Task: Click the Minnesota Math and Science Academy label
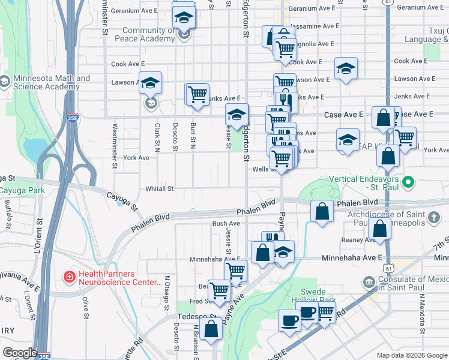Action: pos(45,82)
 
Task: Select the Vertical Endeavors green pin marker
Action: pos(409,181)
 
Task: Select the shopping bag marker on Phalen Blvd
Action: pos(322,211)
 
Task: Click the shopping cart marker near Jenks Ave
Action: pos(197,94)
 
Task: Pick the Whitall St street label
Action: pos(159,188)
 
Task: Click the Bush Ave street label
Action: pos(226,223)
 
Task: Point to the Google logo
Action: pos(20,353)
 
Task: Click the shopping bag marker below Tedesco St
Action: pos(212,329)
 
